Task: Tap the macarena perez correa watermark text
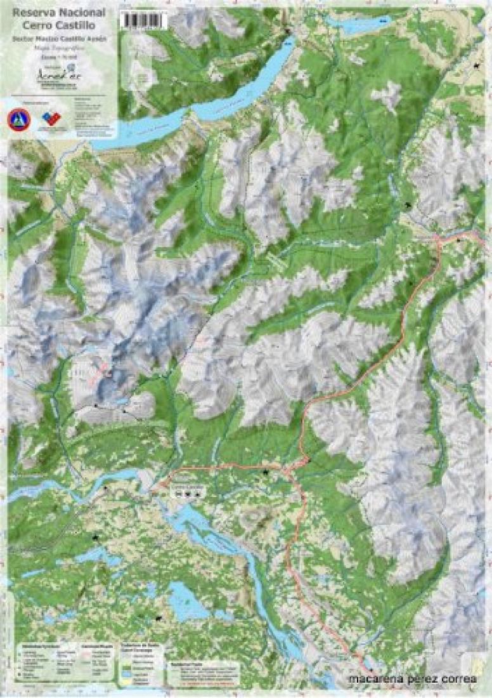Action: point(413,680)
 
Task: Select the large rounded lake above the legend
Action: point(186,602)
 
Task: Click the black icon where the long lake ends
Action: point(288,32)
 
